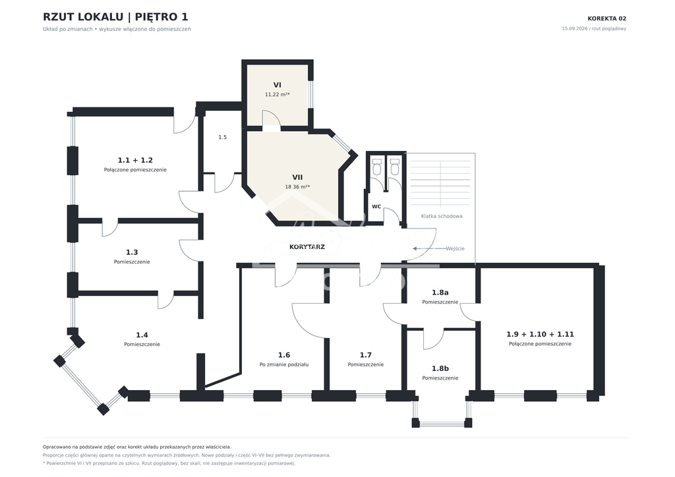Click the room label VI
(x=278, y=85)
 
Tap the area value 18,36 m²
(x=297, y=187)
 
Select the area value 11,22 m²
(x=278, y=95)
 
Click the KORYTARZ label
(x=307, y=247)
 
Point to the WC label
(x=376, y=206)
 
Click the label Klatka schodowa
(x=442, y=216)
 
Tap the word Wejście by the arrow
(x=455, y=248)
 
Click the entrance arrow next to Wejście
(x=428, y=248)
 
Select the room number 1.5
(x=222, y=137)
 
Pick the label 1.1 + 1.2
(x=135, y=161)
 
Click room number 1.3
(x=132, y=252)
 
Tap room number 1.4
(x=142, y=335)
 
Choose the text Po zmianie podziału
(x=284, y=365)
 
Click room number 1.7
(x=365, y=355)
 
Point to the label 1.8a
(x=440, y=293)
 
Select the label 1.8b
(x=440, y=368)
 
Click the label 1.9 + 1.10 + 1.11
(x=541, y=334)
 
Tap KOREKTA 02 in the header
(x=607, y=18)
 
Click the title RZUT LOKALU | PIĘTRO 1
(x=115, y=17)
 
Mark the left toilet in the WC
(x=377, y=167)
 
